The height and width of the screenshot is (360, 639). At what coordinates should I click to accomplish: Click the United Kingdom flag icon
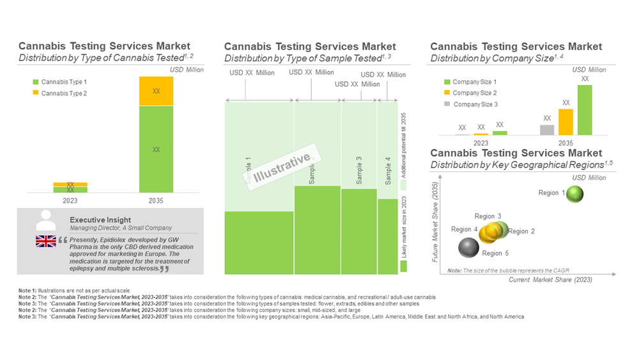pos(45,241)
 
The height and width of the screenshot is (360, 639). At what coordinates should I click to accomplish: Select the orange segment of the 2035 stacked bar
pos(156,91)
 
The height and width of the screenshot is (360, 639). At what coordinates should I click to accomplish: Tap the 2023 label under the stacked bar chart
pos(70,201)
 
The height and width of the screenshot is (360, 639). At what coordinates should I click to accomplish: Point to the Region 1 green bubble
pos(575,193)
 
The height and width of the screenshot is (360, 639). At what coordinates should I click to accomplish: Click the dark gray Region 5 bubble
pos(469,247)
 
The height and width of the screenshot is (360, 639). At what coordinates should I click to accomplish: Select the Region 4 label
pos(464,230)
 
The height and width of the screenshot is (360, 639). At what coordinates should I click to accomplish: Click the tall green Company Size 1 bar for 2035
pos(585,109)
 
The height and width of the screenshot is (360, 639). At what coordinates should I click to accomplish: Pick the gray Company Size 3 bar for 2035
pos(547,130)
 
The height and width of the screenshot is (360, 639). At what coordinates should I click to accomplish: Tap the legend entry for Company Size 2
pos(474,93)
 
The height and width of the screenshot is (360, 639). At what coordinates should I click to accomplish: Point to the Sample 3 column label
pos(359,170)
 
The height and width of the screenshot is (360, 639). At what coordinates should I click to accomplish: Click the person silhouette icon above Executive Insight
pos(46,220)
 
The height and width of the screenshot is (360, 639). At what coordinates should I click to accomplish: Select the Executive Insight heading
pos(100,220)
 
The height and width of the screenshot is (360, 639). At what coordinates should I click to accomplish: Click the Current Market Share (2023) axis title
pos(550,280)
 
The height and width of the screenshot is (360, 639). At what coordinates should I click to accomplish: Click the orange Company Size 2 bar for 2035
pos(566,121)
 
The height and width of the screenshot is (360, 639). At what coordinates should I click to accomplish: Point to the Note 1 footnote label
pos(27,292)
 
